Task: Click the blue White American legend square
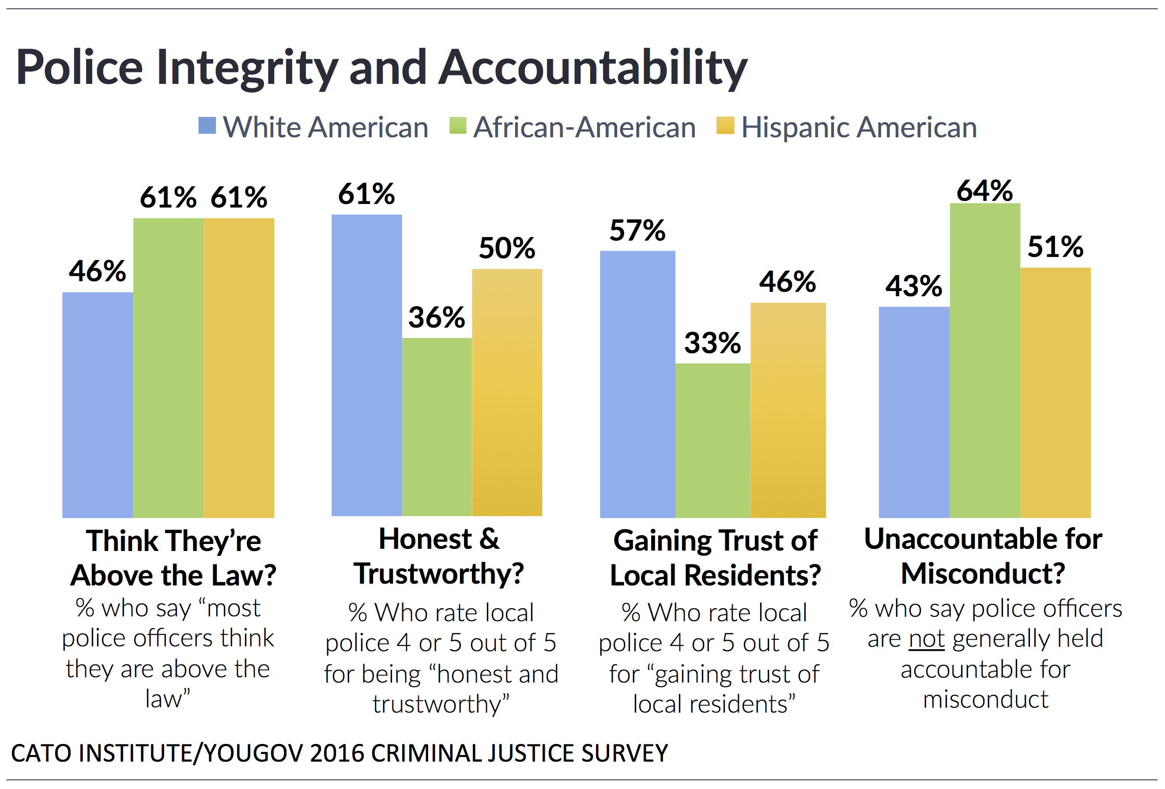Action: [x=207, y=125]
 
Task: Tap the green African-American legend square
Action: [x=458, y=125]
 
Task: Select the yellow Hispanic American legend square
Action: [x=725, y=125]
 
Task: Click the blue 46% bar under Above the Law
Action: [x=98, y=404]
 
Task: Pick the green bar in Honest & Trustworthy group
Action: [x=437, y=427]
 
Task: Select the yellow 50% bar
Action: [x=507, y=392]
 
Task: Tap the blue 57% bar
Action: [x=637, y=384]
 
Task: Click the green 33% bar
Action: [x=713, y=440]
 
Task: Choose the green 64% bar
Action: [x=984, y=360]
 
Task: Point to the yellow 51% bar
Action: [x=1055, y=392]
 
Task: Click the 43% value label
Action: [x=913, y=286]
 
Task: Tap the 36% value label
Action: [x=437, y=317]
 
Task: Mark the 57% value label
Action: [x=637, y=230]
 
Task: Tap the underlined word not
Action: [x=926, y=638]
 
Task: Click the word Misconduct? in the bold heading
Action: [x=983, y=573]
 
